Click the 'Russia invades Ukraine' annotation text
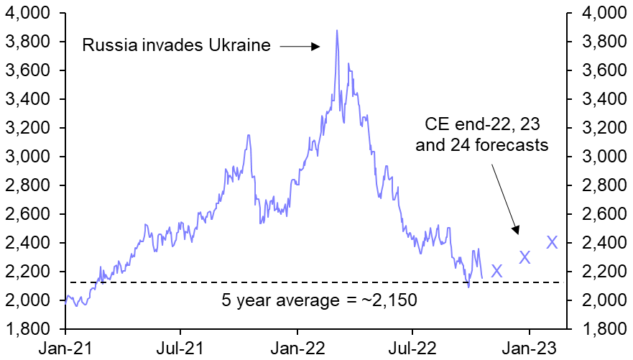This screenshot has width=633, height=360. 177,47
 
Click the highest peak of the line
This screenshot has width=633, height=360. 337,31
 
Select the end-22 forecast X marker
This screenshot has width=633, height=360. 496,271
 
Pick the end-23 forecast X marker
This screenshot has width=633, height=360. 525,257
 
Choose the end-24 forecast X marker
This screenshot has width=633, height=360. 552,242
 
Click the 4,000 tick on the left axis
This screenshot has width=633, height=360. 31,14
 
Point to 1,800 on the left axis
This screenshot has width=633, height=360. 31,329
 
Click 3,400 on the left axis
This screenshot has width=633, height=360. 31,99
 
